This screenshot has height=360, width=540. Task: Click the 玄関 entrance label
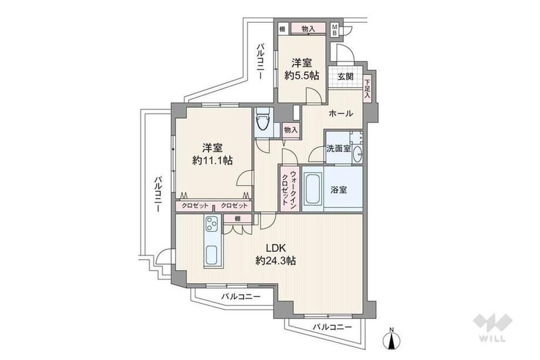pyautogui.click(x=345, y=76)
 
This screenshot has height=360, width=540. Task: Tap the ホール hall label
pyautogui.click(x=340, y=113)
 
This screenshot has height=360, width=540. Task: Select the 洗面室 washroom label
pyautogui.click(x=339, y=149)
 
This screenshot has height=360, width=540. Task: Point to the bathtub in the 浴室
pyautogui.click(x=313, y=190)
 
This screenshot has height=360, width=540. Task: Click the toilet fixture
pyautogui.click(x=264, y=122)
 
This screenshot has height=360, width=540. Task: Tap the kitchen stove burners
pyautogui.click(x=212, y=224)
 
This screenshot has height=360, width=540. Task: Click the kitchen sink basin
pyautogui.click(x=212, y=255)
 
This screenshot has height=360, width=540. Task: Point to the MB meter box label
pyautogui.click(x=334, y=29)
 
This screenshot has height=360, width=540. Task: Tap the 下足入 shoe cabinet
pyautogui.click(x=367, y=89)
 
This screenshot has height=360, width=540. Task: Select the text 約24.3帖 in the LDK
pyautogui.click(x=275, y=261)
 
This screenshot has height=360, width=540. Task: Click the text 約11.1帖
pyautogui.click(x=212, y=160)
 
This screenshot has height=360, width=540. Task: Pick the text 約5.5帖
pyautogui.click(x=302, y=75)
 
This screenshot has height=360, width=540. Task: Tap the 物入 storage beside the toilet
pyautogui.click(x=291, y=130)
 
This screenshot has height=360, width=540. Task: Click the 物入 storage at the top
pyautogui.click(x=308, y=29)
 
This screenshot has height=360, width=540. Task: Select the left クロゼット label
pyautogui.click(x=195, y=206)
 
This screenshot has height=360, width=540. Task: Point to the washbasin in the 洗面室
pyautogui.click(x=358, y=154)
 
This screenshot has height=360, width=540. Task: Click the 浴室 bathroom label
pyautogui.click(x=339, y=190)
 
